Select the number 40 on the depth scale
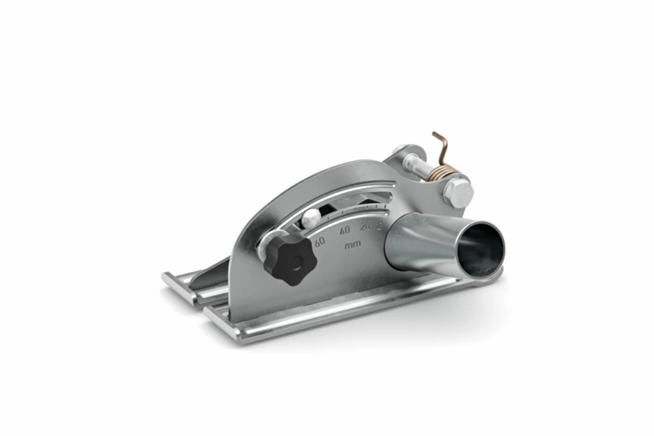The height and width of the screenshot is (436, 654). click(345, 229)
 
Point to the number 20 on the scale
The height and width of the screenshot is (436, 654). click(365, 226)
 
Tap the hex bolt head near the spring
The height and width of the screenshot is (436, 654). click(458, 192)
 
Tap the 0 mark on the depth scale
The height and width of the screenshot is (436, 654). click(379, 224)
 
